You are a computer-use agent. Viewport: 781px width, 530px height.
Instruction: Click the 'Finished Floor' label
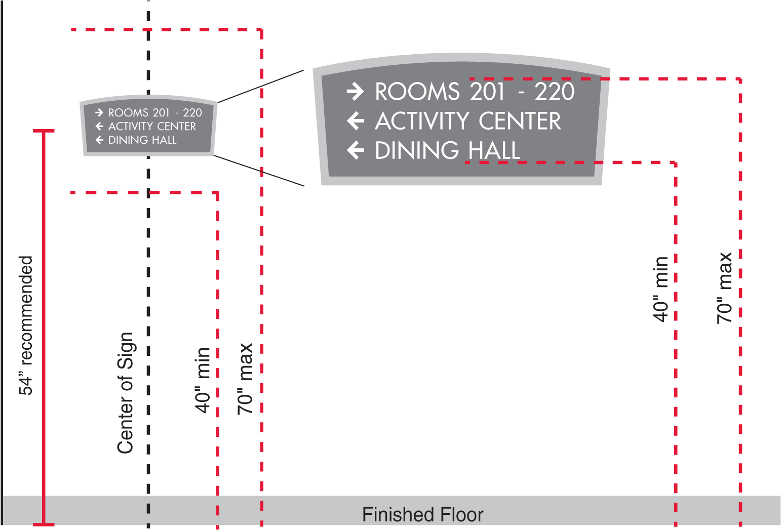[422, 514]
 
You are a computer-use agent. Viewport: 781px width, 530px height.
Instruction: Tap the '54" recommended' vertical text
[25, 325]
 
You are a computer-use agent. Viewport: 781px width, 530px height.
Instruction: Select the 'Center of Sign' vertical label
[125, 393]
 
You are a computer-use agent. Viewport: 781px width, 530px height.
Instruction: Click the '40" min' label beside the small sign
[203, 380]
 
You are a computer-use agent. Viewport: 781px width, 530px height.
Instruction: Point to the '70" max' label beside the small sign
[245, 379]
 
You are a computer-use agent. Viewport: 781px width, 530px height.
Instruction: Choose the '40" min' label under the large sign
[661, 289]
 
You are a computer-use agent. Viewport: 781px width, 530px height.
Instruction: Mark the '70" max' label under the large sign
[725, 288]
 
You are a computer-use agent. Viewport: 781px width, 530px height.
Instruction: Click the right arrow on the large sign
[355, 91]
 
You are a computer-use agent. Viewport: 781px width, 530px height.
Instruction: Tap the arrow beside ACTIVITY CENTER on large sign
[355, 121]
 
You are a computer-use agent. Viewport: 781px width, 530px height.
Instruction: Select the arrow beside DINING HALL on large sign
[355, 150]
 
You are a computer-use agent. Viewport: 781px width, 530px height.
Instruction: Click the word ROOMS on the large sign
[417, 92]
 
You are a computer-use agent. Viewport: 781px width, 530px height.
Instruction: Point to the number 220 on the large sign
[555, 92]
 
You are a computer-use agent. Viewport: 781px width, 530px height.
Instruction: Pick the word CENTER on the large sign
[520, 121]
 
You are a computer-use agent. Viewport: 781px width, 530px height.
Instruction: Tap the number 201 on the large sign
[487, 92]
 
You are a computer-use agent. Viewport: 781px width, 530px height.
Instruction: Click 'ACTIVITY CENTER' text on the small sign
[152, 126]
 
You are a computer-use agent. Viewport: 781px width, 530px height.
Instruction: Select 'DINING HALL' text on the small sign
[142, 140]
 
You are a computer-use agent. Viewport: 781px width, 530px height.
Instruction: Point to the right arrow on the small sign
[99, 112]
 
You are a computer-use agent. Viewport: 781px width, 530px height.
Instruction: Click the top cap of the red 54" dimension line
[44, 131]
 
